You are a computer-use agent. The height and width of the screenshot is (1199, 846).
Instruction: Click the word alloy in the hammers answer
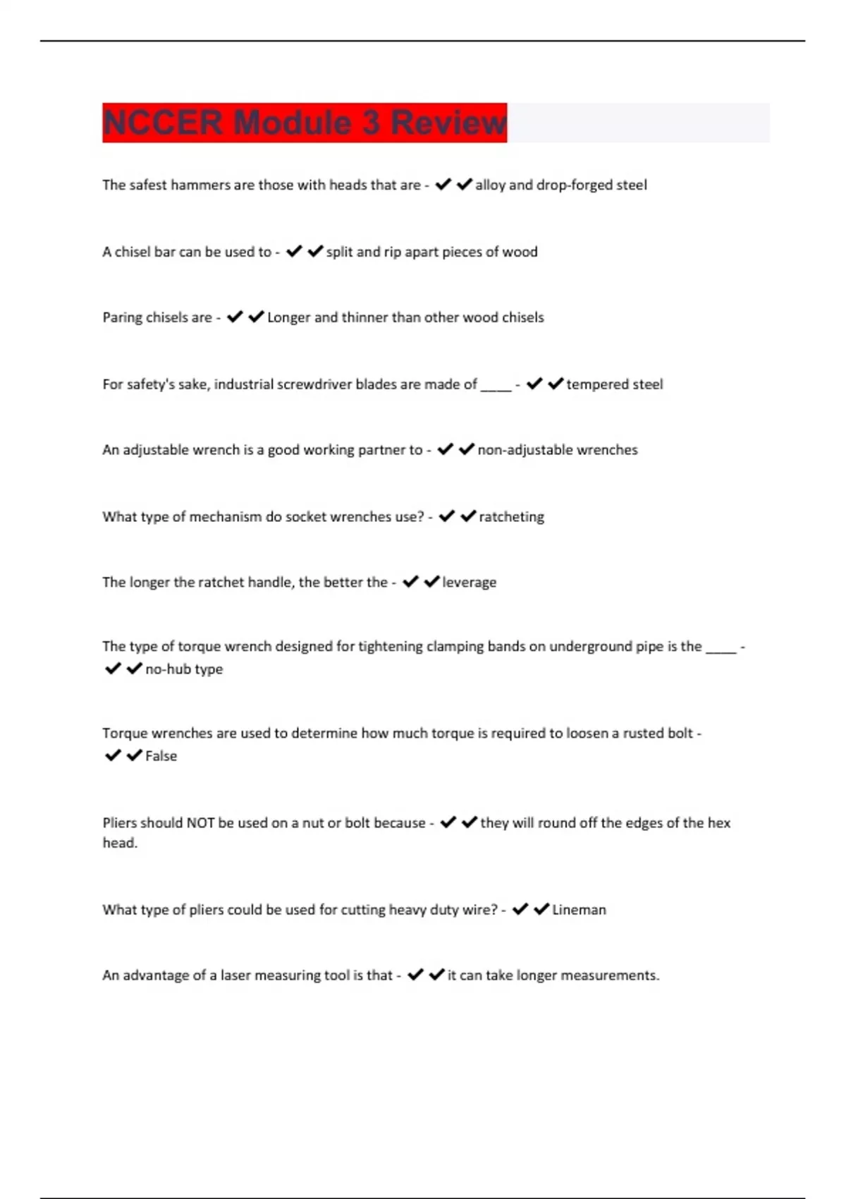(x=490, y=185)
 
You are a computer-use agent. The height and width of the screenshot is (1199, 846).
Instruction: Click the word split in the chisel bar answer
(x=339, y=252)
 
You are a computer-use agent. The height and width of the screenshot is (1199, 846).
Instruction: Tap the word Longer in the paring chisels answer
(x=288, y=317)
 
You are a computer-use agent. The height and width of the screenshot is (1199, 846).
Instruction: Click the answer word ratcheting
(x=511, y=517)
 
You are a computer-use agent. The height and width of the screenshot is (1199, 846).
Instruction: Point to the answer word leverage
(x=469, y=583)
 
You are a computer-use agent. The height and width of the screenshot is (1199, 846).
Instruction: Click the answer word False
(x=161, y=756)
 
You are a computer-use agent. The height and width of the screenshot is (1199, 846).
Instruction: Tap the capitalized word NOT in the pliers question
(x=200, y=823)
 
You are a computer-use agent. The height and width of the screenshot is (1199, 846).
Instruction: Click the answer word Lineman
(x=579, y=910)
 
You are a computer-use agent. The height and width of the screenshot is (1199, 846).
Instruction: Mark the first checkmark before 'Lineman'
(x=520, y=909)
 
